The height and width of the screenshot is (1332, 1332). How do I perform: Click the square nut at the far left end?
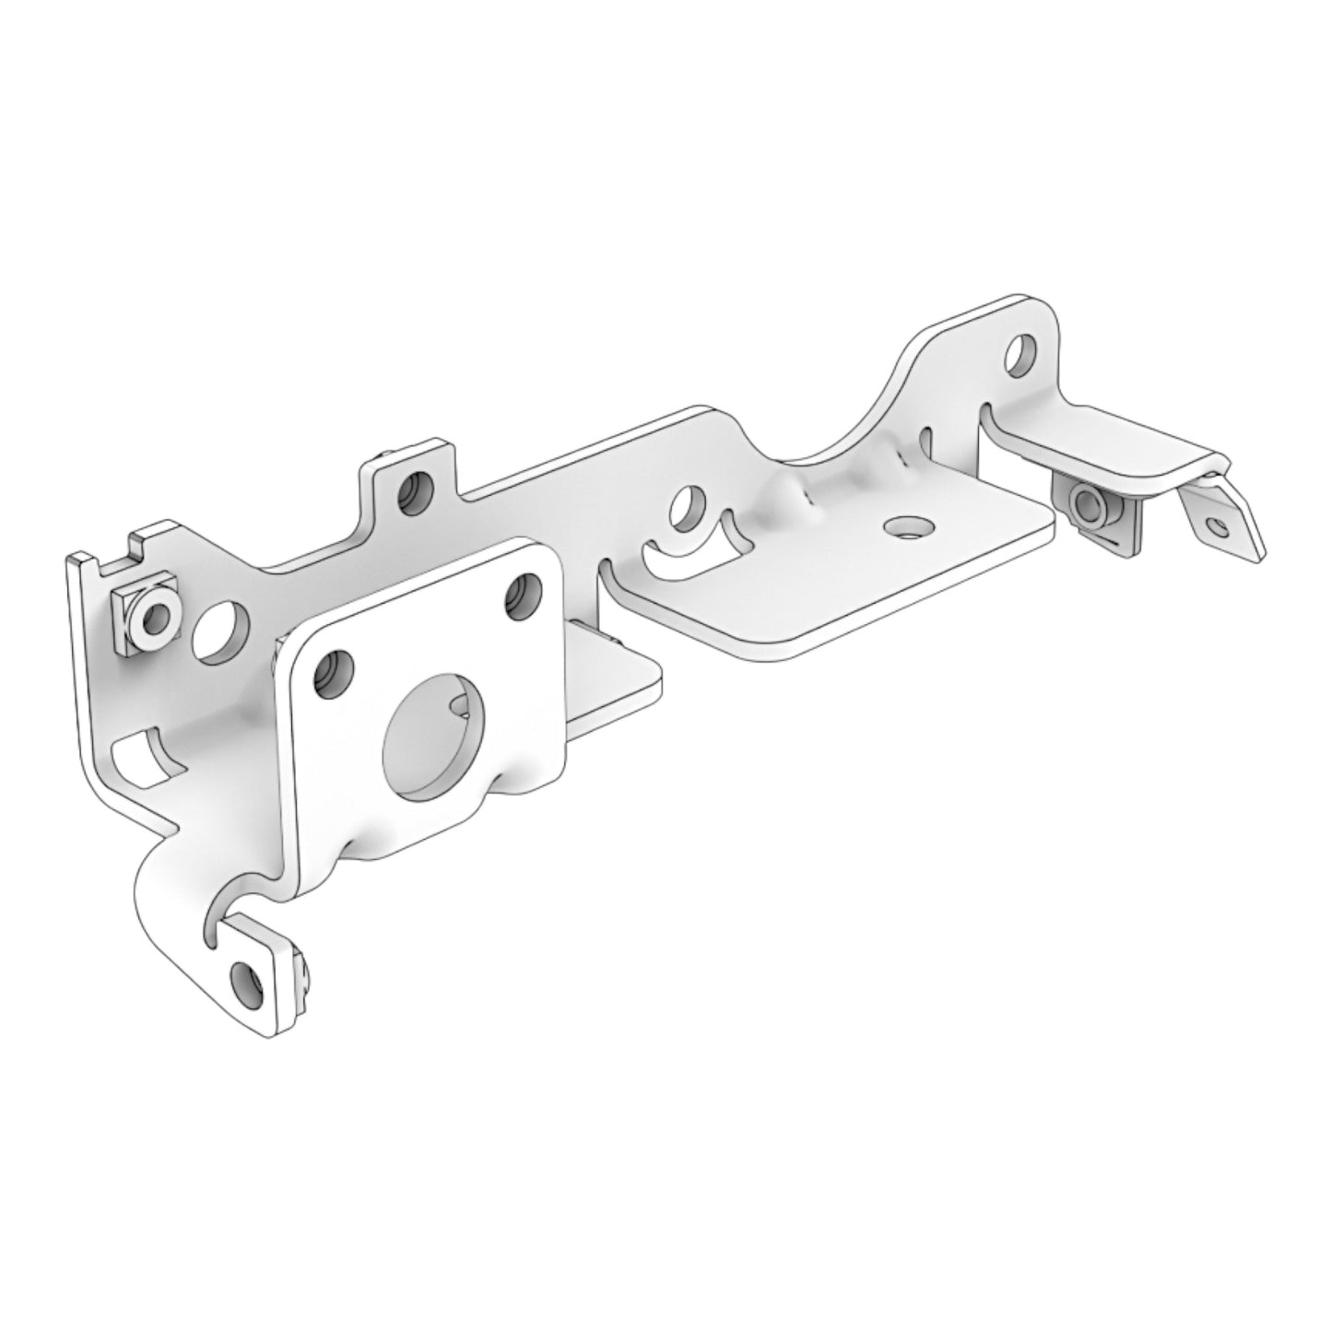[x=143, y=613]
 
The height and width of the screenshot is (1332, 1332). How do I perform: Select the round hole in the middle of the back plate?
[x=687, y=507]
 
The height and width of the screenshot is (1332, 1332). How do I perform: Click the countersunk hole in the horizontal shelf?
[x=905, y=527]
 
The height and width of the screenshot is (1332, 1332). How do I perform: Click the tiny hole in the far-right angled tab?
[x=1222, y=528]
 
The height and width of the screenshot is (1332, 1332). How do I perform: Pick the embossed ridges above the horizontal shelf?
[x=830, y=484]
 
